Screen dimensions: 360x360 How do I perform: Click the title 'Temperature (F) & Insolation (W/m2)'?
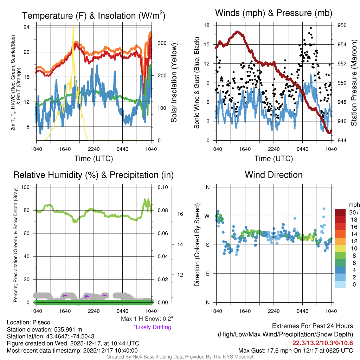coord(94,15)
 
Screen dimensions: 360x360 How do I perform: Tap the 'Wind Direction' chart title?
coord(274,175)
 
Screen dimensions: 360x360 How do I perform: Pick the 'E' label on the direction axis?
coord(207,274)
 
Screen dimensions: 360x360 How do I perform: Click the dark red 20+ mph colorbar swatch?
coord(340,212)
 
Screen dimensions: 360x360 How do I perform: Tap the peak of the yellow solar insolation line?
coord(73,26)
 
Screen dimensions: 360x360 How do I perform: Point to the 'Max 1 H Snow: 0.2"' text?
coord(147,319)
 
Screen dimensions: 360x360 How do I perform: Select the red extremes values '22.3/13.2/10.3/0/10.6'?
coord(322,343)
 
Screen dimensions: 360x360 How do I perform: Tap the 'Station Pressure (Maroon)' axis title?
coord(354,83)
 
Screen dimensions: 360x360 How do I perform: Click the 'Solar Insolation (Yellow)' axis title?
coord(174,83)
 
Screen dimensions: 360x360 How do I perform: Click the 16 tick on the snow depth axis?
coord(179,213)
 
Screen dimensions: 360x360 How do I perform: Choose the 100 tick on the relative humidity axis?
coord(26,187)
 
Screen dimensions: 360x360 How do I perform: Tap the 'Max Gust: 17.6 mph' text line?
coord(295,350)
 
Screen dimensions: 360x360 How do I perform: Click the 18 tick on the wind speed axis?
coord(207,25)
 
